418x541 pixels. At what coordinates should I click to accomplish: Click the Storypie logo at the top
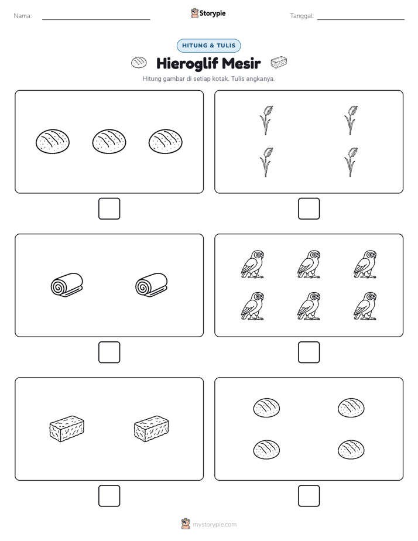click(x=208, y=13)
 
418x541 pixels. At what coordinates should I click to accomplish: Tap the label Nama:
click(x=23, y=16)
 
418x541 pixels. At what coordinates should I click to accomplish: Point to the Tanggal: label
click(x=301, y=16)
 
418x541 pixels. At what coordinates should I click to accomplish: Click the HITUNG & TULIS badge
click(x=208, y=46)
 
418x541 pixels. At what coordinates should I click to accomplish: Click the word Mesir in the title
click(x=241, y=63)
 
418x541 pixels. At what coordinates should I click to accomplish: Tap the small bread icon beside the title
click(x=139, y=63)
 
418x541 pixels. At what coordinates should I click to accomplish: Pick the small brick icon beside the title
click(x=279, y=62)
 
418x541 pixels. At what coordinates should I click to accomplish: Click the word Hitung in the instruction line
click(x=152, y=79)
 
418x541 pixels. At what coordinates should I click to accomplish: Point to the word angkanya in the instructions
click(x=262, y=79)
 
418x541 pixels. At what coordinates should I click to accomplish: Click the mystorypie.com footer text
click(x=214, y=525)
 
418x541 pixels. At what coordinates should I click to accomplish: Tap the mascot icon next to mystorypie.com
click(x=186, y=524)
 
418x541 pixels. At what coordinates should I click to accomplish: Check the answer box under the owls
click(x=309, y=352)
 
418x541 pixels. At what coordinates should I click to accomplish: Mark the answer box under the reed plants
click(x=309, y=209)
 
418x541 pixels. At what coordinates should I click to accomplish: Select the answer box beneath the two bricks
click(x=109, y=496)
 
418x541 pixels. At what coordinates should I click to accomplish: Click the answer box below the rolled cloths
click(x=109, y=352)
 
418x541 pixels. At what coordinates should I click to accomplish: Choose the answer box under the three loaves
click(x=109, y=209)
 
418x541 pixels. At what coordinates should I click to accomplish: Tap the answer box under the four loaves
click(x=309, y=496)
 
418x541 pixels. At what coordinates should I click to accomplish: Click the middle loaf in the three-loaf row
click(x=109, y=142)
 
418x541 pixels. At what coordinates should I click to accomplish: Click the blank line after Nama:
click(x=96, y=19)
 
